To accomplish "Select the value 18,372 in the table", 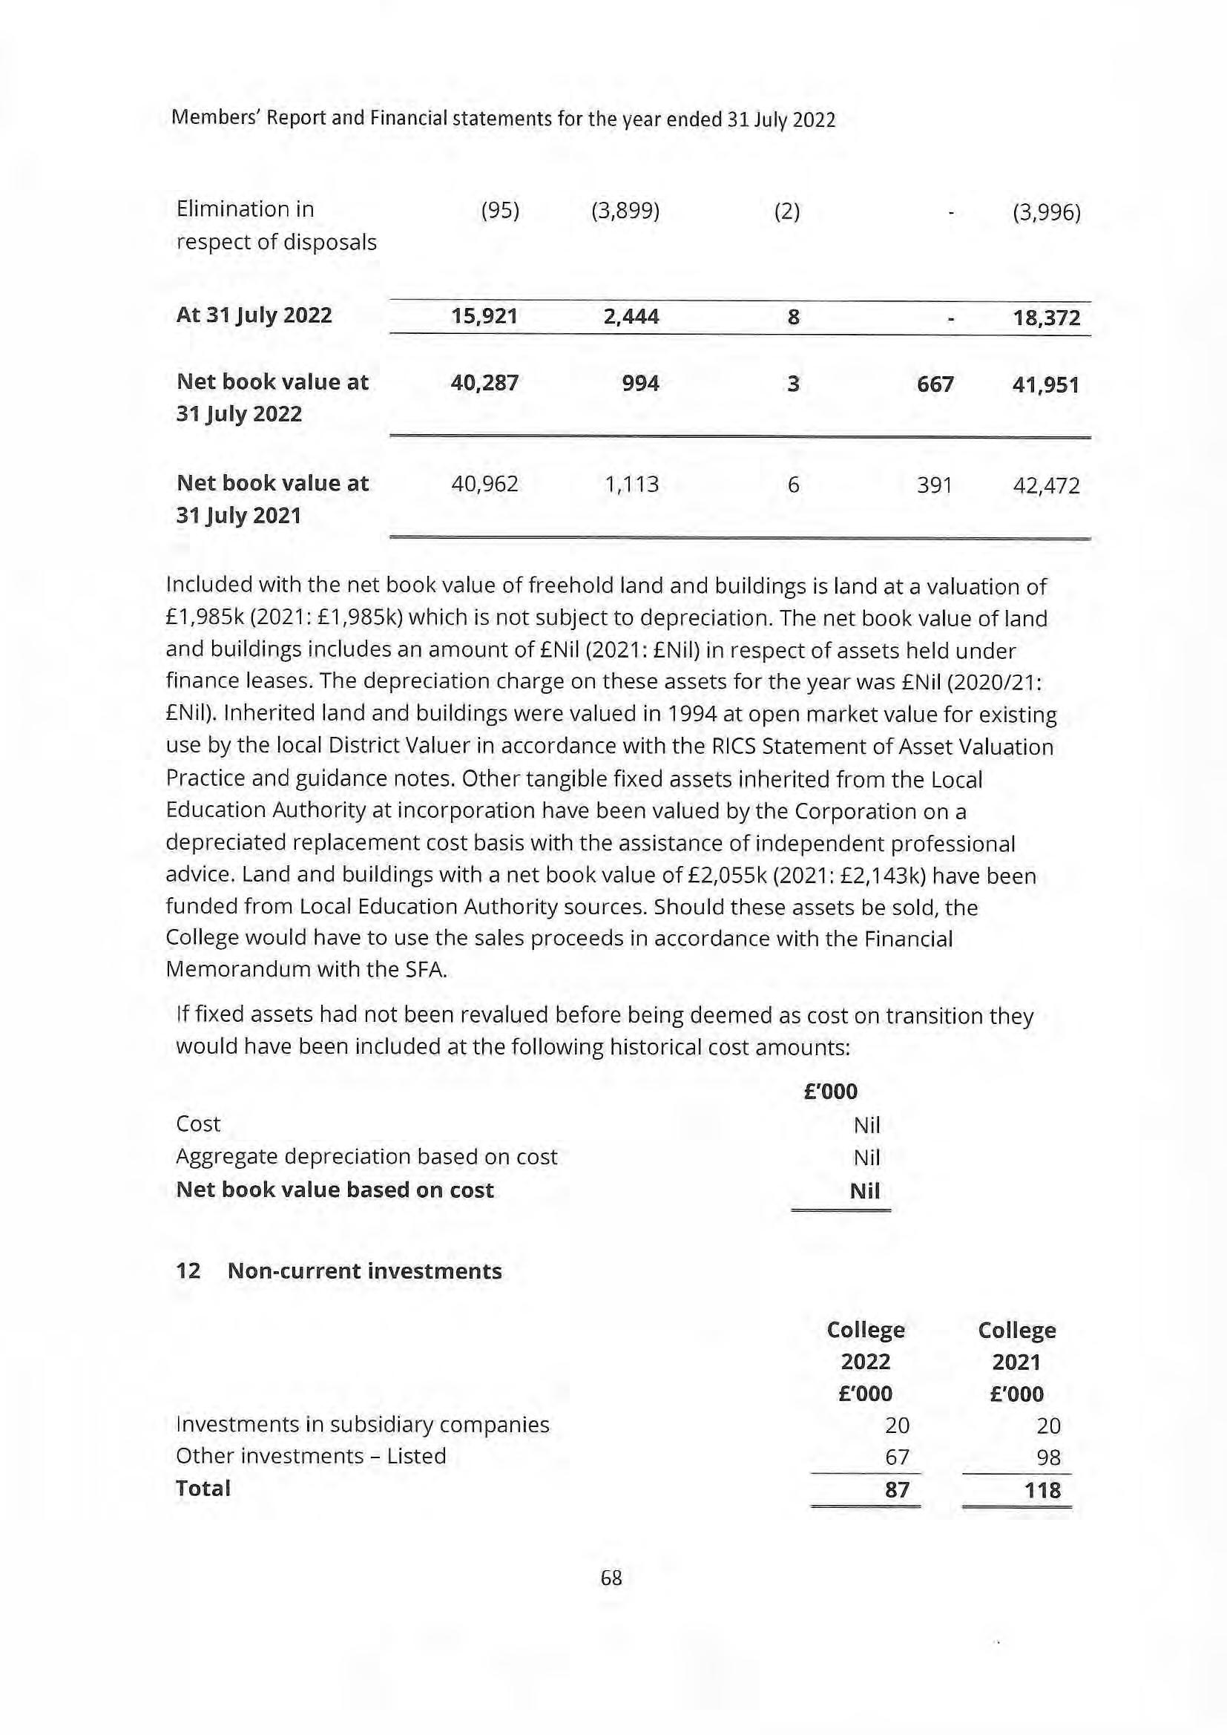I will [x=1047, y=318].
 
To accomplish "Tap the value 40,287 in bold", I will [x=484, y=383].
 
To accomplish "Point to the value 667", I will [x=935, y=384].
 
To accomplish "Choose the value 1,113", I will [x=631, y=485].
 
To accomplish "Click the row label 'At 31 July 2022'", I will [x=254, y=315].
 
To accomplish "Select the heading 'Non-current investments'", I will [x=364, y=1271].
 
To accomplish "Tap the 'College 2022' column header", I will [x=866, y=1346].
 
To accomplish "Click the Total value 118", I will [x=1044, y=1491].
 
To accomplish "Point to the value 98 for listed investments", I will [x=1049, y=1457].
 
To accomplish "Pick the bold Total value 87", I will [x=897, y=1490].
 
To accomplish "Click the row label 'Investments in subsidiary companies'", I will [x=363, y=1425].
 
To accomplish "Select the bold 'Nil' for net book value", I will [x=865, y=1192].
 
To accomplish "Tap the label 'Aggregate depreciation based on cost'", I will [x=366, y=1157].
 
